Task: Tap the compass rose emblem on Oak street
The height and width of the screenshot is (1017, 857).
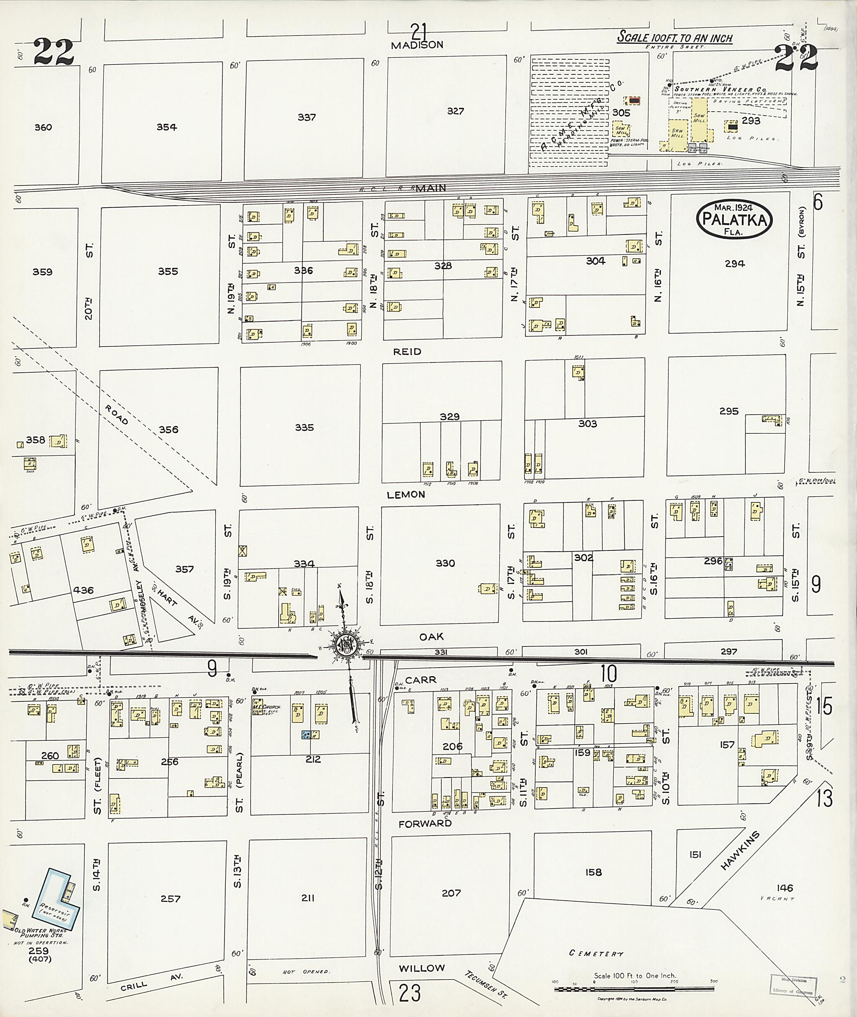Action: [346, 645]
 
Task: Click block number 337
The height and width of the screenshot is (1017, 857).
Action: [307, 117]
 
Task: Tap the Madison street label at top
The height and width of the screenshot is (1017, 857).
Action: [417, 45]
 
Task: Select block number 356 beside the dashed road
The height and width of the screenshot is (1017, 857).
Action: [168, 429]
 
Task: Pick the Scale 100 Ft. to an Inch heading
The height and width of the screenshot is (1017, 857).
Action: [674, 37]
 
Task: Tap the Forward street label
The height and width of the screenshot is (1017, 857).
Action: [425, 824]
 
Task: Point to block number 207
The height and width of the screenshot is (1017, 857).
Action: [450, 893]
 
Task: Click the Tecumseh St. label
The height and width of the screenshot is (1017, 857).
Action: [485, 984]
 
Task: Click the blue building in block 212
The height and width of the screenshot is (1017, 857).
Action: [306, 734]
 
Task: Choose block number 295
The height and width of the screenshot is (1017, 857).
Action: [728, 411]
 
